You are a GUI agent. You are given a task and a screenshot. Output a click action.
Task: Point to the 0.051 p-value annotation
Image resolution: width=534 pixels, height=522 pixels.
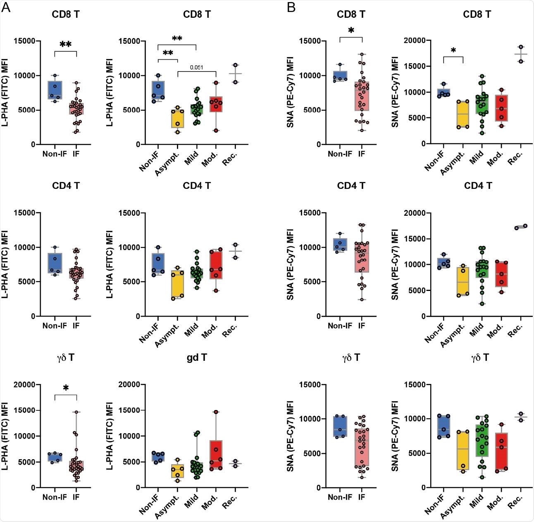196,67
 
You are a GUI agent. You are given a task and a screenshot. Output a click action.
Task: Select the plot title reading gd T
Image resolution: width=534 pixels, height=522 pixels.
197,358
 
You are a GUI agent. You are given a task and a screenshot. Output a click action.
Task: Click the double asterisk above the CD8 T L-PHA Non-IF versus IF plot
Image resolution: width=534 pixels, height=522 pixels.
66,45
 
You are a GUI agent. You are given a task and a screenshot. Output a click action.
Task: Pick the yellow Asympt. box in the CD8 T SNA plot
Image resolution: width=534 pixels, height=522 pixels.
463,114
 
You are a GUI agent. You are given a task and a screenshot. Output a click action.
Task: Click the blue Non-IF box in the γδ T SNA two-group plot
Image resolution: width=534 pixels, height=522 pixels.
340,427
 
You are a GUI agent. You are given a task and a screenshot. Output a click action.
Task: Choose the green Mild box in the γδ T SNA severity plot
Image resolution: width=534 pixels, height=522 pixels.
482,441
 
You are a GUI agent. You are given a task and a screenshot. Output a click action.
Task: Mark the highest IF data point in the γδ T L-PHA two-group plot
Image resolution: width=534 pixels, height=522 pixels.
76,412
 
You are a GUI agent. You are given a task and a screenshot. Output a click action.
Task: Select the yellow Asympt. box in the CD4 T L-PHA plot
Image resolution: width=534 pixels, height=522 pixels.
177,284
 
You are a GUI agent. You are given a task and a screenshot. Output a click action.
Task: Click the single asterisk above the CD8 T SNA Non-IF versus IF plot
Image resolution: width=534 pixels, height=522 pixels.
351,31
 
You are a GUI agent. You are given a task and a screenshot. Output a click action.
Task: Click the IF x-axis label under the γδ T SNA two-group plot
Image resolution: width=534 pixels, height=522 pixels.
362,497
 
